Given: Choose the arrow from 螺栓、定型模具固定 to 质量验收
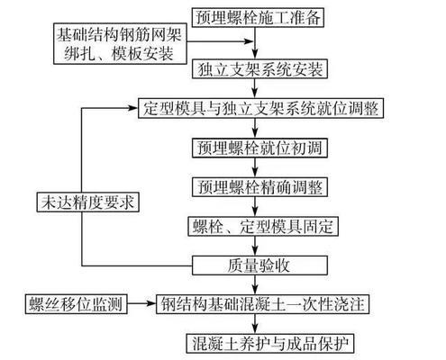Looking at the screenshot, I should point(257,246).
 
